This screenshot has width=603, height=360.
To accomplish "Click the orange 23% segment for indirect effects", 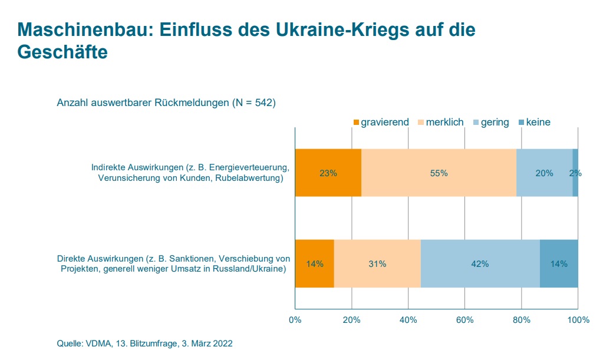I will pos(328,173).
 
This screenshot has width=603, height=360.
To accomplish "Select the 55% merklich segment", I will pos(439,173).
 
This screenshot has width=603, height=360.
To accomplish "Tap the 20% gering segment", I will pos(544,173).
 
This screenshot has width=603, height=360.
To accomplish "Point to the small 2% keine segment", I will pos(575,173).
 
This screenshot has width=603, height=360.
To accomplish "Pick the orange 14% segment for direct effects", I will pos(314,263).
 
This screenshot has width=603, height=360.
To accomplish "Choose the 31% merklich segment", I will pos(377,263).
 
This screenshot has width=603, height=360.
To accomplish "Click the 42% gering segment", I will pos(480,263).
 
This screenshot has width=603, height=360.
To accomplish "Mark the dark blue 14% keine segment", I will pos(559,263).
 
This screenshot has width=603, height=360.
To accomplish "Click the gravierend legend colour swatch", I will pos(356,123).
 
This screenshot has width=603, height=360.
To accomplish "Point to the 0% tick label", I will pos(295,320).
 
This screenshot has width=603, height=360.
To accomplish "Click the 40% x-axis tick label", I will pos(408,320).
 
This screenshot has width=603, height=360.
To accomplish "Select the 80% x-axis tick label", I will pos(521,320).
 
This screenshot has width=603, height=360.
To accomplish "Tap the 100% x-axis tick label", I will pos(578,320).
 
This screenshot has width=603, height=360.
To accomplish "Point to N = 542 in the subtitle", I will pos(253,103).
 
